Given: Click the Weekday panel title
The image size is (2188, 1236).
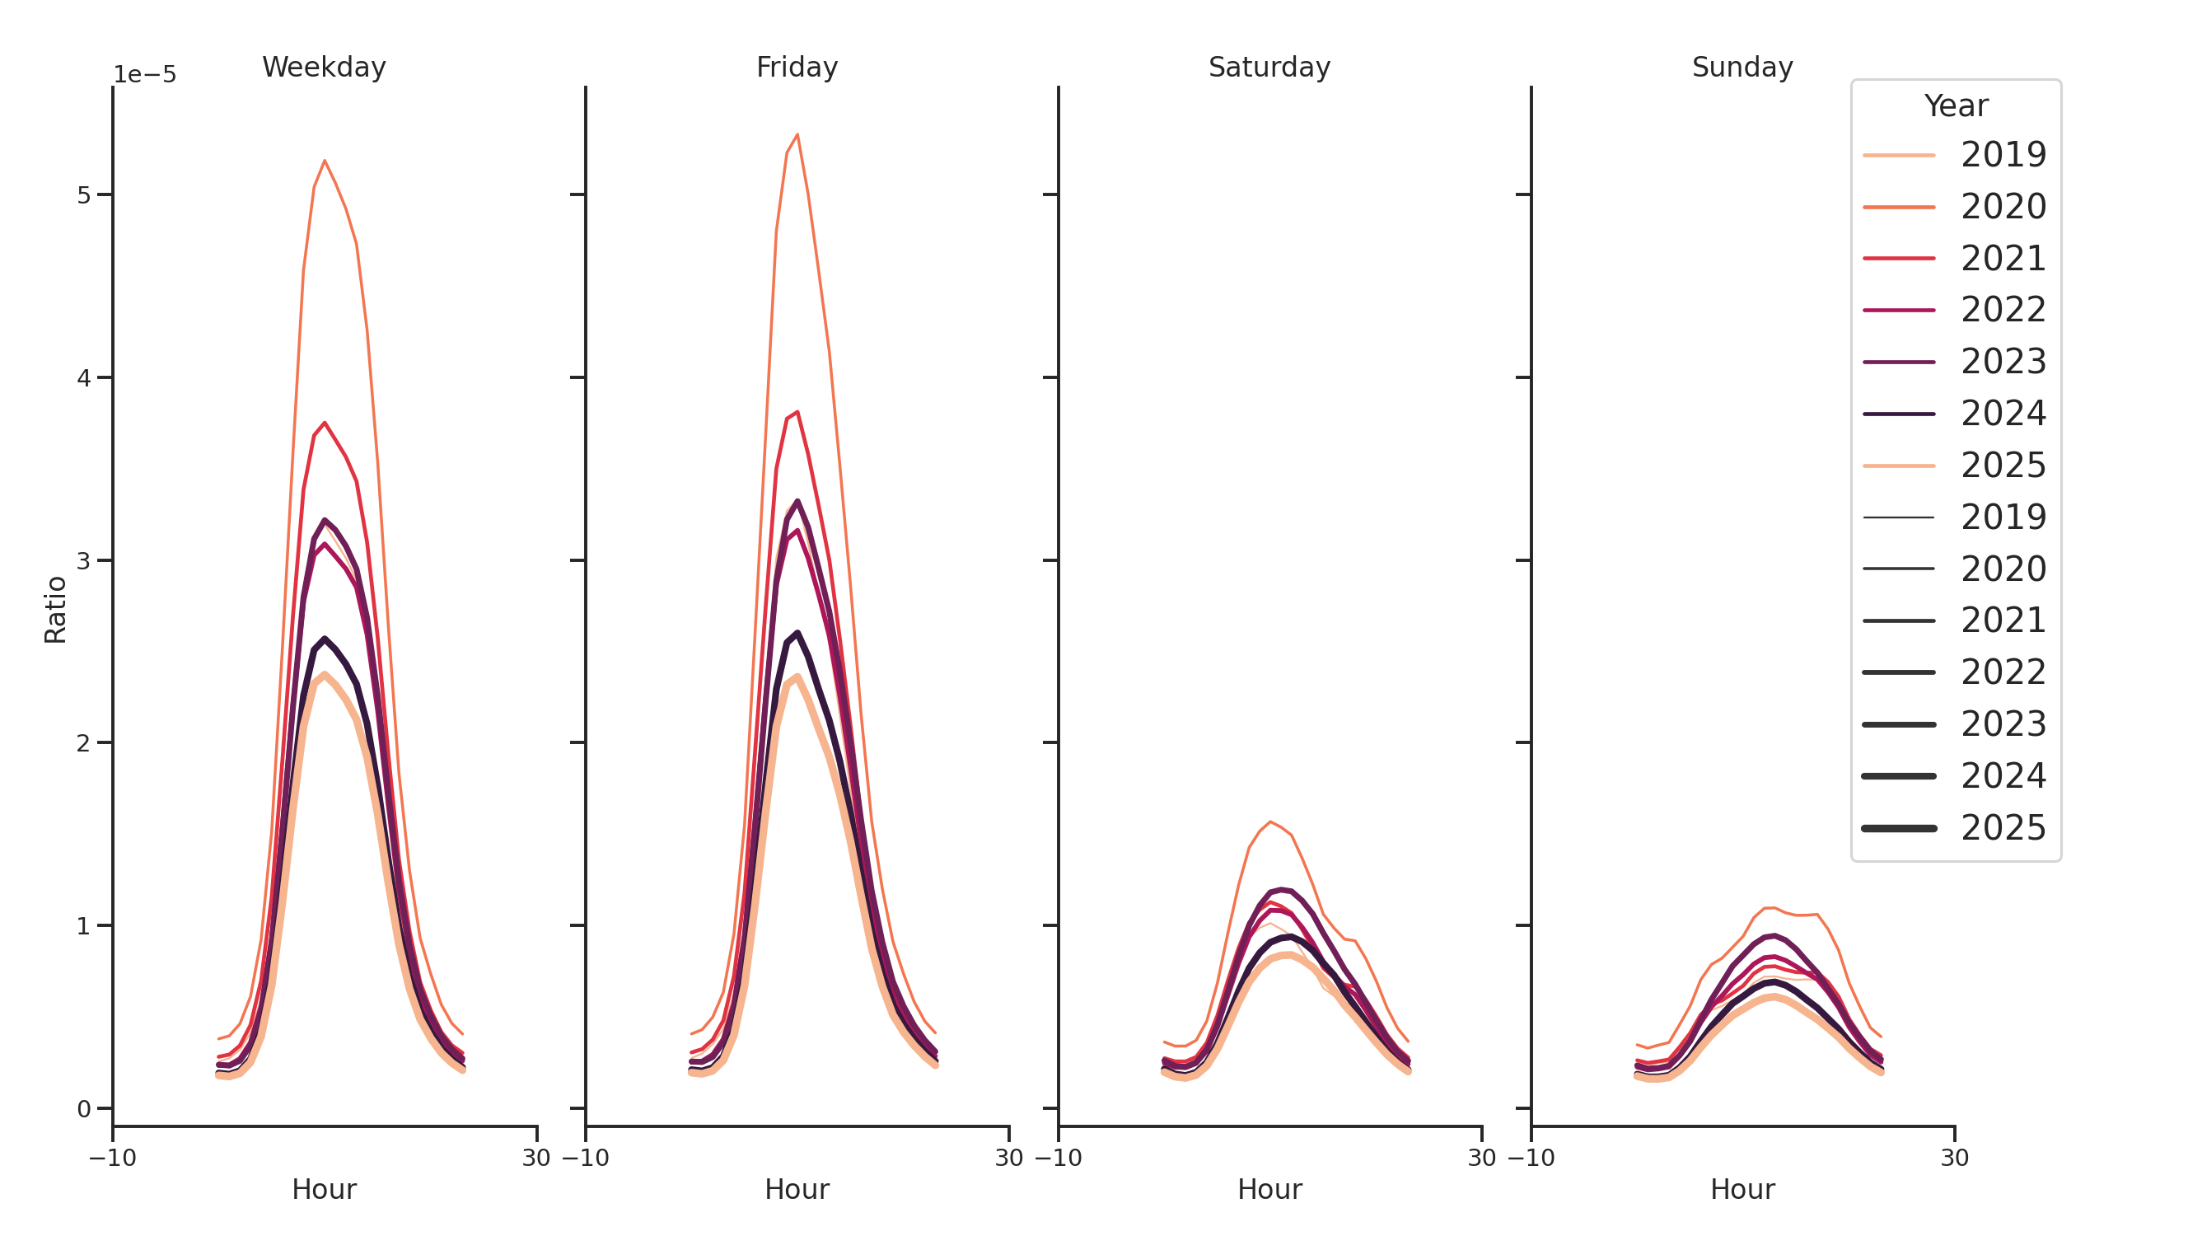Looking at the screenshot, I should [324, 67].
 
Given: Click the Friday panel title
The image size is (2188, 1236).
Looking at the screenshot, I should [796, 67].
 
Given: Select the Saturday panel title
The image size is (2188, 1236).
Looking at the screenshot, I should [1268, 67].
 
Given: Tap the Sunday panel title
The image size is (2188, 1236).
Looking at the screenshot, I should [1742, 67].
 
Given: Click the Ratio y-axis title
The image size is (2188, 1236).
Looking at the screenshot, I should [55, 609].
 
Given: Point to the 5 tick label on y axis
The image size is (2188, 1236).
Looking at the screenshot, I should [83, 195].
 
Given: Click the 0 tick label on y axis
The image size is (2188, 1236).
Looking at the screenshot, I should [83, 1108].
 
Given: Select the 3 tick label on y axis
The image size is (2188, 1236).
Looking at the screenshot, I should [83, 560].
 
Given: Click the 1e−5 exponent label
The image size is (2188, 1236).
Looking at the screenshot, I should [144, 75].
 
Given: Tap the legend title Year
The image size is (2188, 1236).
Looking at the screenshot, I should [1955, 106].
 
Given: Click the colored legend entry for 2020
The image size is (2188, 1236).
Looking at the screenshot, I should [1953, 207].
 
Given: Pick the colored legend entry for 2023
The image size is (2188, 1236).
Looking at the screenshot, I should [1953, 362].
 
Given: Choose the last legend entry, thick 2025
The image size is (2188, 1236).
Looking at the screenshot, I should [1953, 827].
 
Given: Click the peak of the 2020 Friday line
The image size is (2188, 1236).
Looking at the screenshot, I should [797, 134].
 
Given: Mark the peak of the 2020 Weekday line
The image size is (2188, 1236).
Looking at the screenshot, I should [325, 161].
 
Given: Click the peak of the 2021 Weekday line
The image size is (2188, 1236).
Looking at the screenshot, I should [325, 422].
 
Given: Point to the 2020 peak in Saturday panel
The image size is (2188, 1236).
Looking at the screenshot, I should [1269, 822].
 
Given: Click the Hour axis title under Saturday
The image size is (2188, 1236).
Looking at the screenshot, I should [1269, 1188].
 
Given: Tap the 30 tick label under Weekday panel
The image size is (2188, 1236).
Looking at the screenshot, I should [536, 1158].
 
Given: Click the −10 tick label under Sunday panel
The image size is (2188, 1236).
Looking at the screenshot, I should [1531, 1158].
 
